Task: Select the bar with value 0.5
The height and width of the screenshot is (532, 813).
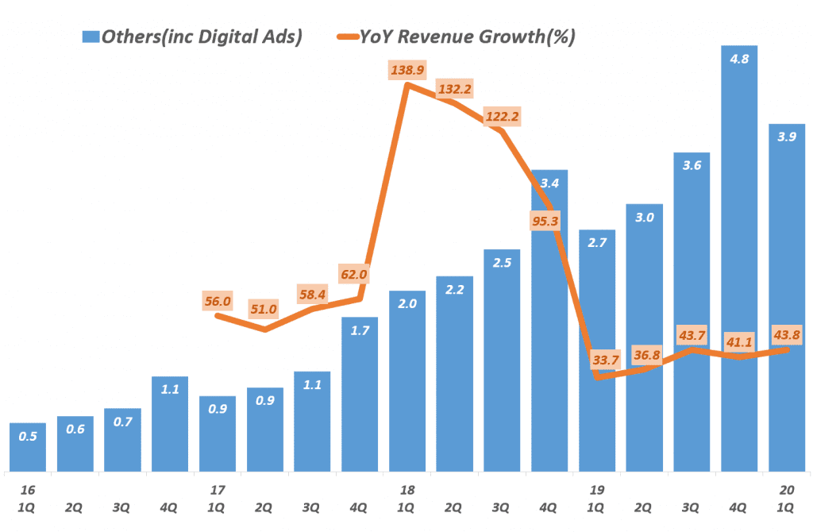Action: tap(28, 446)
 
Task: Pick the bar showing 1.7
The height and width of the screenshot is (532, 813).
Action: tap(359, 393)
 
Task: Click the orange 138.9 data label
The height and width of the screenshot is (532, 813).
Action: tap(407, 71)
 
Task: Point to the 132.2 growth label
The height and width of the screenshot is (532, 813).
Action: tap(454, 88)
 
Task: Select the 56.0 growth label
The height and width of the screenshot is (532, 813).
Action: tap(217, 301)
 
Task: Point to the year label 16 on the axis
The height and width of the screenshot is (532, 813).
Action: tap(28, 490)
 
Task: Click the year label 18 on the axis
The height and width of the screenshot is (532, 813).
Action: tap(407, 490)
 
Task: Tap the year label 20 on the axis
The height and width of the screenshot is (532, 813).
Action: tap(786, 490)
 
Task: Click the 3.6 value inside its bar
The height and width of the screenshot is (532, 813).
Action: tap(692, 165)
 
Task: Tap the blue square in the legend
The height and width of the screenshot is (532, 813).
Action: tap(90, 37)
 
